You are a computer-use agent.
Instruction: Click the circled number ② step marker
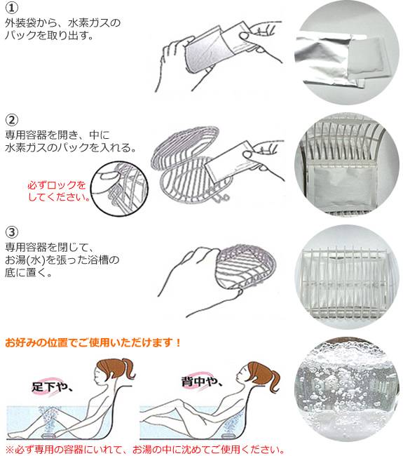pyautogui.click(x=12, y=119)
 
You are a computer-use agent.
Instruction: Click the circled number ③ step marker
pyautogui.click(x=12, y=232)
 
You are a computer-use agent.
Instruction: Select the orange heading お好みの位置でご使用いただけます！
pyautogui.click(x=93, y=343)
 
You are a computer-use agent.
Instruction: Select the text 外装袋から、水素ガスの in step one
pyautogui.click(x=62, y=23)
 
